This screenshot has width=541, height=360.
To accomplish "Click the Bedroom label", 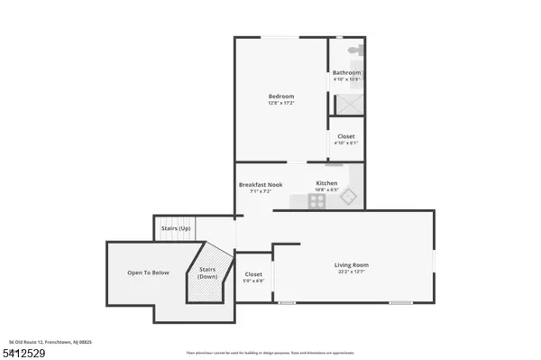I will point(280,97).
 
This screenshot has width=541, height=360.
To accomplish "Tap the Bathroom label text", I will point(346,72).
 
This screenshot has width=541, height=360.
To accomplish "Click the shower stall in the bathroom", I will point(346,101).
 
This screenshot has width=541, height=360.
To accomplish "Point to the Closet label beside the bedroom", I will point(346,136).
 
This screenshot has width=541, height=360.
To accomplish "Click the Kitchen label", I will point(326,183).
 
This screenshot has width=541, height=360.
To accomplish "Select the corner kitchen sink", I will point(353,197).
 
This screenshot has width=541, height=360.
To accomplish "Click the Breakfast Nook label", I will point(261,184).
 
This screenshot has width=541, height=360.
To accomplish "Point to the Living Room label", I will point(353,264).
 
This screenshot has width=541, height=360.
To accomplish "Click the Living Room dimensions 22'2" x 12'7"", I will point(353,271).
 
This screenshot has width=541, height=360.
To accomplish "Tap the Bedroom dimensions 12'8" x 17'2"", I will point(280,103).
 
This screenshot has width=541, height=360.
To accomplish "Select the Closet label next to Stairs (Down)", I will point(253,274).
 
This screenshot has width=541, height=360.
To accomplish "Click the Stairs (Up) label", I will point(175,229).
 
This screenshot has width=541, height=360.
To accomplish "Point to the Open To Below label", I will point(147,272).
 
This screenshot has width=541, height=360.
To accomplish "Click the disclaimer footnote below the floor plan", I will point(270,351).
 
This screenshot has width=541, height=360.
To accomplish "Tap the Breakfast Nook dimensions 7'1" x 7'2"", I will point(261,191).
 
